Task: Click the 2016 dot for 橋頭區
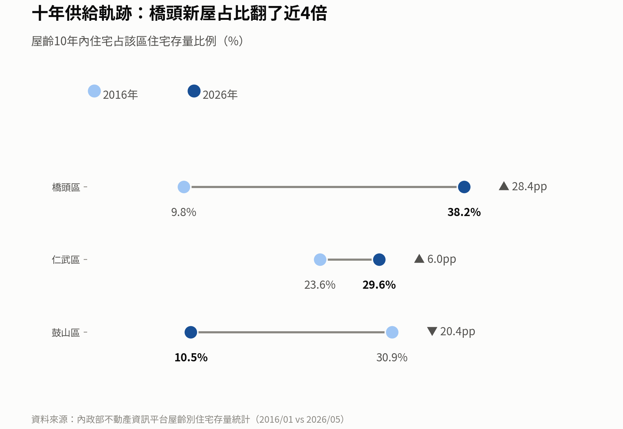point(184,187)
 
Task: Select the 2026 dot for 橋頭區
point(464,187)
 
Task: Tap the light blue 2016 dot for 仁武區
point(320,260)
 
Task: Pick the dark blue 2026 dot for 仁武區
point(379,260)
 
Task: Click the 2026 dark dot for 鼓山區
point(191,332)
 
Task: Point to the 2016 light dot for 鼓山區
point(392,332)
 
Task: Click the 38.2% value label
point(464,212)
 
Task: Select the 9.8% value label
point(184,212)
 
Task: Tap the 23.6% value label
point(320,285)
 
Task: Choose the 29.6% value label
point(379,285)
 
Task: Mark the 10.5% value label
point(191,358)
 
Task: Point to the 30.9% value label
point(392,358)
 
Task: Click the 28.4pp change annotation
point(523,187)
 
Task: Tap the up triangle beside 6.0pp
point(419,259)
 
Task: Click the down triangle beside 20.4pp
point(432,331)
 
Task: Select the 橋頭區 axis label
point(66,187)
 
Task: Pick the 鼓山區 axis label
point(66,333)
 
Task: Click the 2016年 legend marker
point(94,91)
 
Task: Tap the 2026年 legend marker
point(194,91)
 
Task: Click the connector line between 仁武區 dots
point(350,260)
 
